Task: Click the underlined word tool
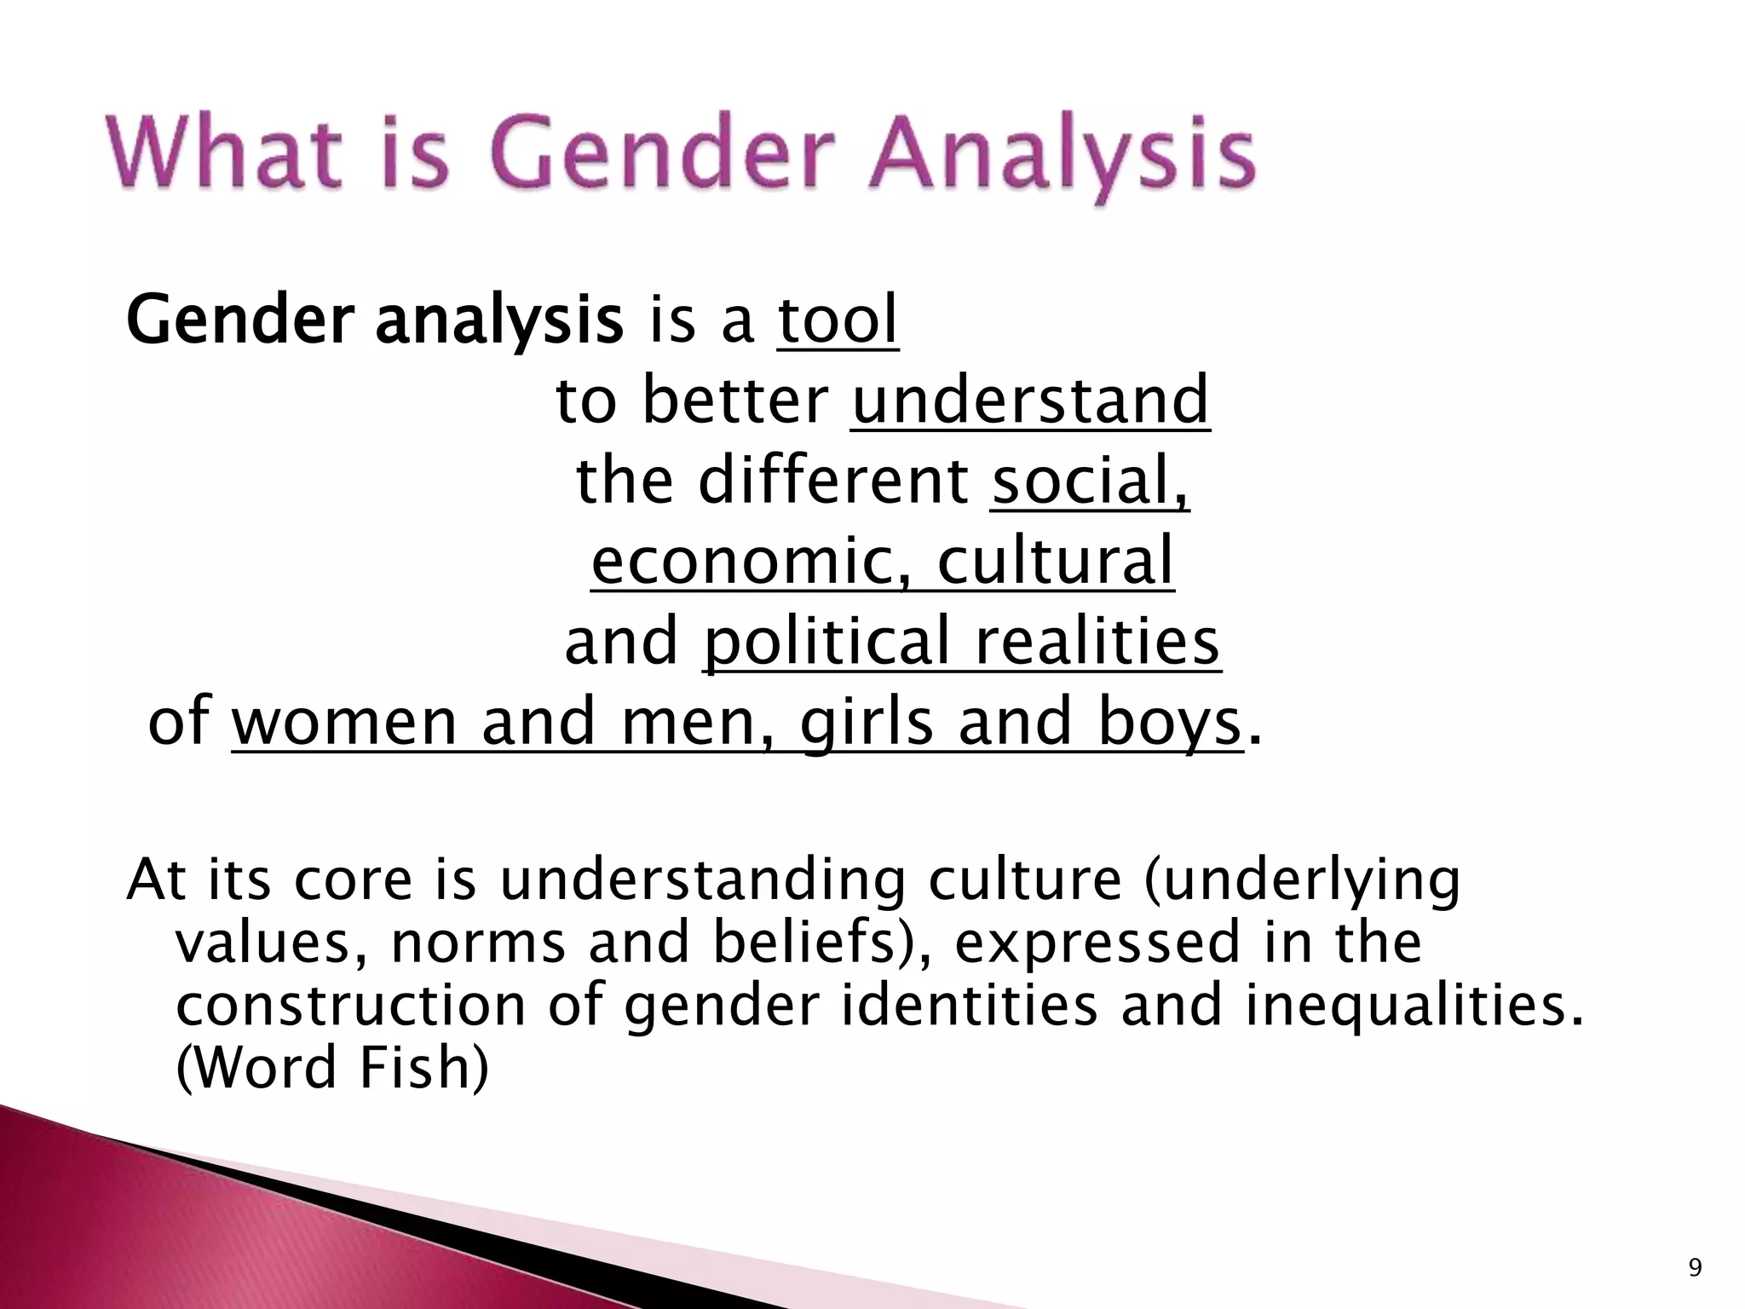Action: point(838,320)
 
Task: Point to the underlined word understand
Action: point(1030,401)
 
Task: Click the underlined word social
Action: point(1089,481)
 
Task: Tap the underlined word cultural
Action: point(1056,561)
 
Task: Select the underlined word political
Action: point(825,641)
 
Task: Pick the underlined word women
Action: point(344,721)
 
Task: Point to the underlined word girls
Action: point(866,721)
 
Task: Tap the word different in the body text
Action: point(832,481)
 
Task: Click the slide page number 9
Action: point(1695,1269)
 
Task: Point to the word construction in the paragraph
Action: point(350,1006)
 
